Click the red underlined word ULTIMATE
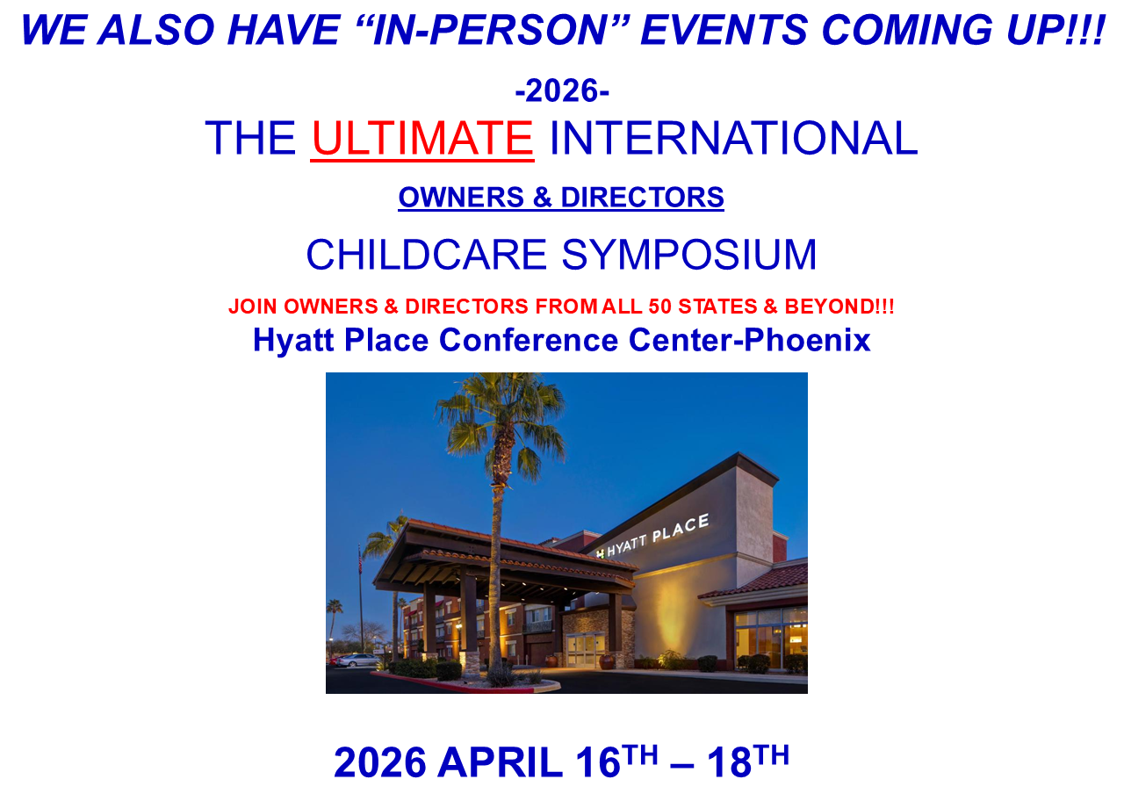tap(422, 138)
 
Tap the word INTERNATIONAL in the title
tap(733, 138)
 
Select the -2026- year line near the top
tap(562, 90)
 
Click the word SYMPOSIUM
tap(689, 255)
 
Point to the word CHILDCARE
tap(426, 255)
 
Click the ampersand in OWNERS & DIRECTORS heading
tap(542, 198)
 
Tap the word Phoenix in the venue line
tap(807, 340)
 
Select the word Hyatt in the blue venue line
tap(293, 341)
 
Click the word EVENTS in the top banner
tap(724, 30)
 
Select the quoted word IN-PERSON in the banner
tap(490, 30)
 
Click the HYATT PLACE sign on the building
tap(652, 535)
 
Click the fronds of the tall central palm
tap(501, 419)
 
